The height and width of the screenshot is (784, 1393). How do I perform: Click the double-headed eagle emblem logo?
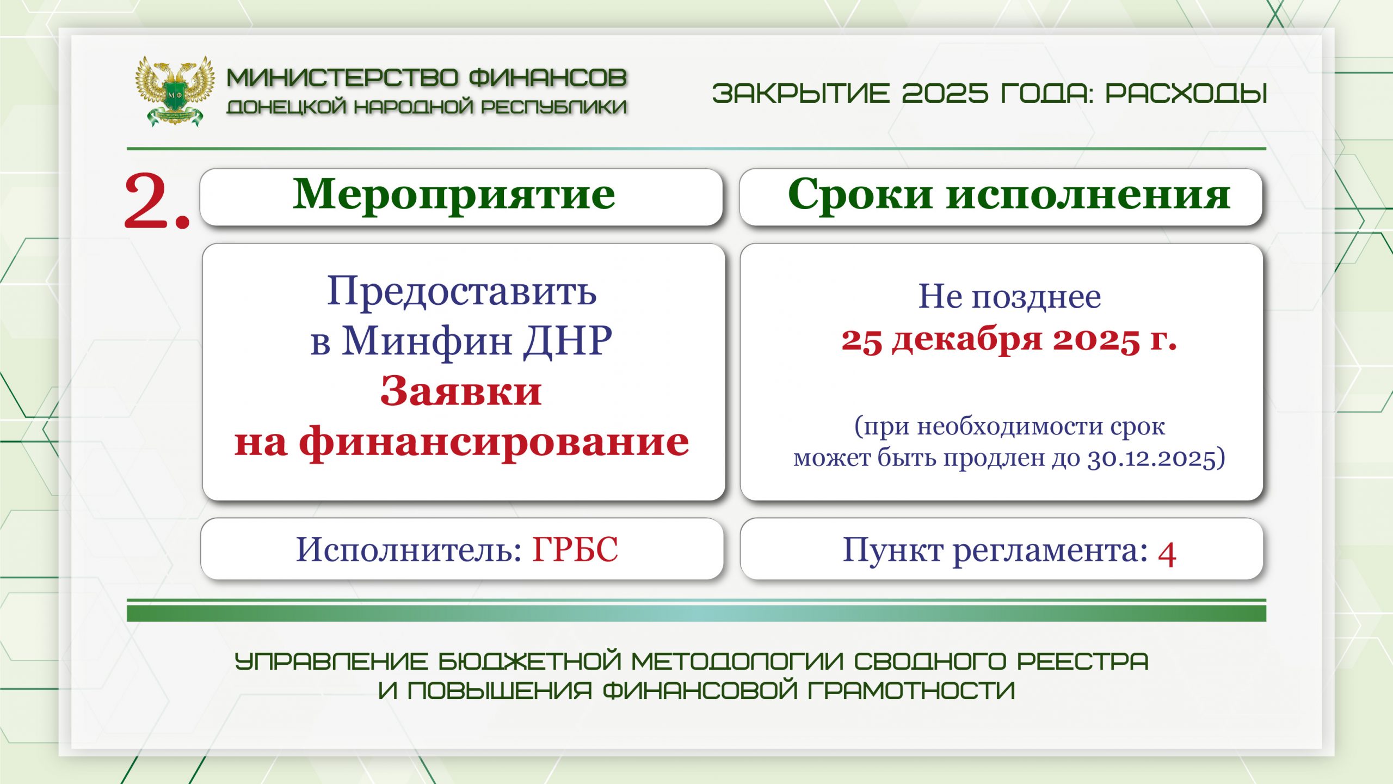[x=174, y=91]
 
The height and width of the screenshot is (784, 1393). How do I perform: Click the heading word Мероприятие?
[x=454, y=195]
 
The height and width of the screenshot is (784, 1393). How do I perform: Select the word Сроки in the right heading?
[x=860, y=194]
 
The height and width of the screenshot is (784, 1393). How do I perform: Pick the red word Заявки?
[x=461, y=390]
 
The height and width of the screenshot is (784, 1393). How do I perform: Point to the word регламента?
[x=1050, y=551]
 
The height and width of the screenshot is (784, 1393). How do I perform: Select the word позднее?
[x=1037, y=297]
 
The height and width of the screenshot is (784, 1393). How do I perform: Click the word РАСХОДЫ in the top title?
[x=1186, y=93]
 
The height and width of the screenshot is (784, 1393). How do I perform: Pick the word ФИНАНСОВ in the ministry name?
[x=548, y=78]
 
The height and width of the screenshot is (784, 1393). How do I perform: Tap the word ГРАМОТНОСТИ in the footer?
[x=911, y=690]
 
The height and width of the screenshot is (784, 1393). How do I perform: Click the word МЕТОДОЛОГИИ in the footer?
[x=737, y=661]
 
